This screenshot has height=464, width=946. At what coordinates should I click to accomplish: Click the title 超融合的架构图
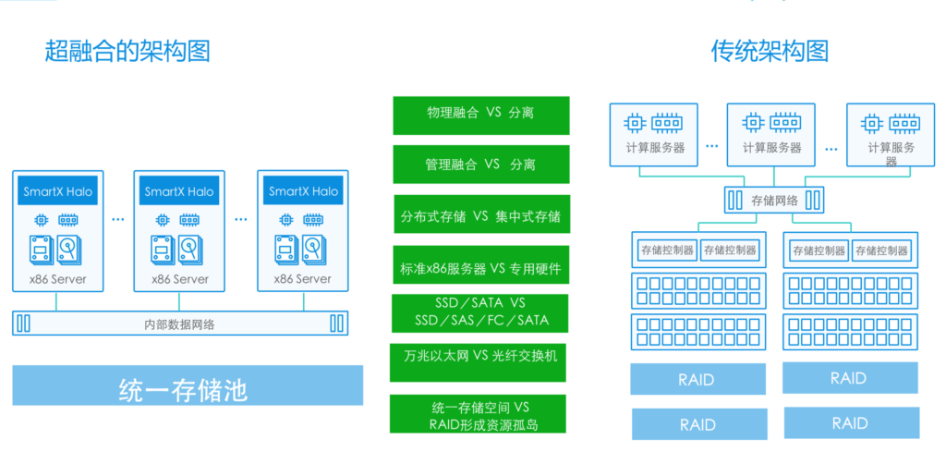click(127, 51)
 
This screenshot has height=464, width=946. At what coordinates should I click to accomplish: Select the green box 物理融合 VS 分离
click(480, 114)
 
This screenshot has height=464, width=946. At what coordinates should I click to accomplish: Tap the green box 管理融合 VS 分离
click(480, 164)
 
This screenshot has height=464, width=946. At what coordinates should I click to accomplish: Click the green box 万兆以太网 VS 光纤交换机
click(480, 356)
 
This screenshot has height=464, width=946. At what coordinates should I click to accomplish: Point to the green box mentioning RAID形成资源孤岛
click(480, 415)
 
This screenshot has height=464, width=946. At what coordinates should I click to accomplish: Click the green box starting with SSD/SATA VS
click(480, 311)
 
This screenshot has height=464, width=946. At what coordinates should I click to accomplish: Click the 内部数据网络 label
click(181, 324)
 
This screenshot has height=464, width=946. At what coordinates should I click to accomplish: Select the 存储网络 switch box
click(774, 200)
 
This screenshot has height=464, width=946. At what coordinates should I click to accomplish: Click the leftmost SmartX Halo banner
click(56, 192)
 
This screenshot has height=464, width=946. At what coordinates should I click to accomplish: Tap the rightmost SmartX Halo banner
click(303, 192)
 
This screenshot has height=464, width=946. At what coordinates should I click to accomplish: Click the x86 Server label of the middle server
click(179, 278)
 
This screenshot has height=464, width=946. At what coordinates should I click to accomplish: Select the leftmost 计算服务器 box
click(654, 134)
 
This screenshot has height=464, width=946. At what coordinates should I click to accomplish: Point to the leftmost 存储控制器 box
click(667, 250)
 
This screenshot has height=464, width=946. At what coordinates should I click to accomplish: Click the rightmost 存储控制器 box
click(879, 250)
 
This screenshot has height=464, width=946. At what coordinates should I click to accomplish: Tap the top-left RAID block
click(697, 379)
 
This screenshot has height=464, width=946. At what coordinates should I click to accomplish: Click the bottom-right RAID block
click(849, 422)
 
